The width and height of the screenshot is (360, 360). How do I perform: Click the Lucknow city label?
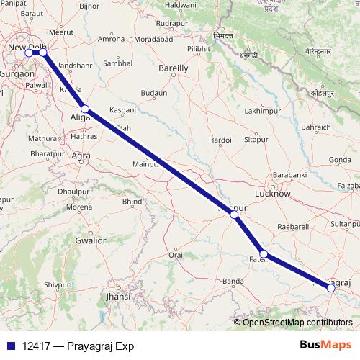(x=273, y=194)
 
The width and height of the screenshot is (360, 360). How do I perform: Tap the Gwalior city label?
(x=90, y=240)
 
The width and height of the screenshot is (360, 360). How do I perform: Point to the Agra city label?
(x=81, y=155)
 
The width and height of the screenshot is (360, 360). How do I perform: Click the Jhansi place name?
(x=117, y=296)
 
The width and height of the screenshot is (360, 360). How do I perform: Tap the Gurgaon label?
(x=16, y=74)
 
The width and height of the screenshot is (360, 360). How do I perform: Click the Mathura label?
(x=41, y=138)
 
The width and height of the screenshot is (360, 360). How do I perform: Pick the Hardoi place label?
(x=219, y=140)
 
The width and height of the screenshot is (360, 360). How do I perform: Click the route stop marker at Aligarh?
(x=85, y=109)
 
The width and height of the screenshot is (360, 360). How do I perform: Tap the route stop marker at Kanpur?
(x=233, y=215)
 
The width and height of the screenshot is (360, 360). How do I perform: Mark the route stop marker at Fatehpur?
(x=264, y=253)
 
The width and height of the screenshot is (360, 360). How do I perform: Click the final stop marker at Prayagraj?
(x=331, y=288)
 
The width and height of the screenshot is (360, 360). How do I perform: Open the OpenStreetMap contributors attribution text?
(x=297, y=322)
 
